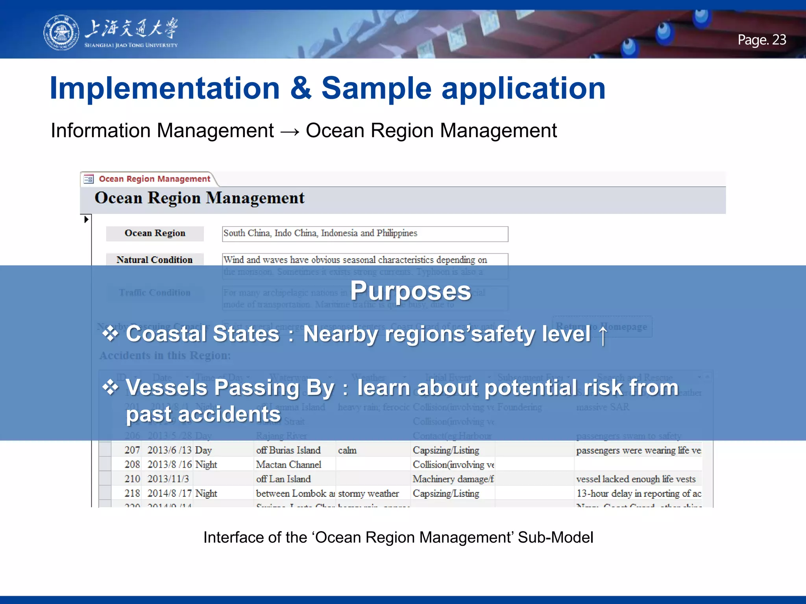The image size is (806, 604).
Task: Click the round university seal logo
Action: [61, 33]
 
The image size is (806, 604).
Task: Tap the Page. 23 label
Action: [762, 40]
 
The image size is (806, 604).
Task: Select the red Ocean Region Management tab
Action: [154, 179]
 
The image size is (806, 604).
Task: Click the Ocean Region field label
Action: [155, 233]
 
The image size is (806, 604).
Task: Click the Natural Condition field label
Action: [155, 260]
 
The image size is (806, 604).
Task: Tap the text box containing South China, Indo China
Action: [364, 234]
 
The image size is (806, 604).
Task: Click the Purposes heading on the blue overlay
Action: [410, 291]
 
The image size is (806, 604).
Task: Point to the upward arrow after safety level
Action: [603, 335]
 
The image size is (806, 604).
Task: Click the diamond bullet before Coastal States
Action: [111, 334]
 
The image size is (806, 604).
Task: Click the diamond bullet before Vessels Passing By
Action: [111, 388]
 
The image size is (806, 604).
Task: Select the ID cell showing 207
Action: [132, 450]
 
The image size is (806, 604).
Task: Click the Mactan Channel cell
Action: [288, 465]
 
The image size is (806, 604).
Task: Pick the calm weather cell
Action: [347, 450]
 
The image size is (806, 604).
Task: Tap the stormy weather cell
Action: [368, 494]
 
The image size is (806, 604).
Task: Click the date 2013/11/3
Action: [168, 479]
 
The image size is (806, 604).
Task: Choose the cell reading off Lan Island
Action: [283, 479]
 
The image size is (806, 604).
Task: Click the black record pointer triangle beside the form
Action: [86, 219]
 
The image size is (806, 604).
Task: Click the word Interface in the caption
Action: [233, 538]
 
